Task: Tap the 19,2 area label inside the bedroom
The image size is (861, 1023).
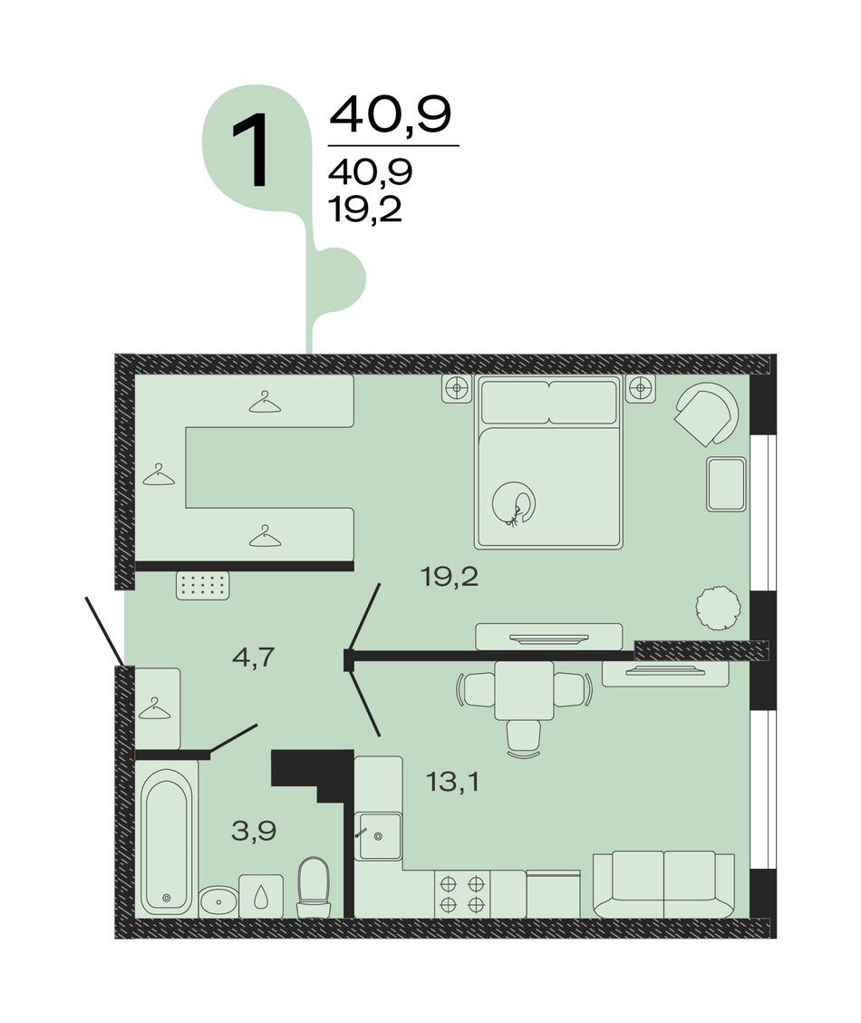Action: coord(450,577)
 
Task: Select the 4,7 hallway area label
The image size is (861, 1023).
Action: coord(255,657)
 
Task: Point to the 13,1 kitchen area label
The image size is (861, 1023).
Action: coord(452,780)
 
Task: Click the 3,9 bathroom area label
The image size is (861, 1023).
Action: coord(254,831)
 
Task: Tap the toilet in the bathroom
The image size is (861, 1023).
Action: coord(314,887)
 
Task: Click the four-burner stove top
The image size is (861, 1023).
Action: coord(462,894)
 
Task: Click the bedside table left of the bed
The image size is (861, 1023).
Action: coord(457,389)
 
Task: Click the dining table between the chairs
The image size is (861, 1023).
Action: coord(524,690)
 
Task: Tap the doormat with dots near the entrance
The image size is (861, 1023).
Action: coord(203,585)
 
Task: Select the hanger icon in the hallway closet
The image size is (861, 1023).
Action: coord(154,708)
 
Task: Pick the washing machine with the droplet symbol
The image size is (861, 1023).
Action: coord(261,896)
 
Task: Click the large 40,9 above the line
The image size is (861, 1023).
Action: coord(391,115)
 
